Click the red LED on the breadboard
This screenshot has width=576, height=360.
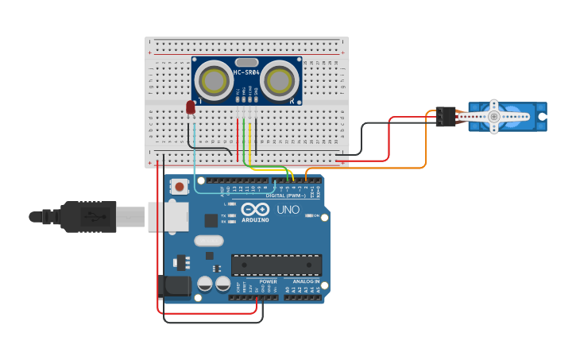pos(191,107)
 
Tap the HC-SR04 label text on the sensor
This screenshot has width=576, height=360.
pos(246,73)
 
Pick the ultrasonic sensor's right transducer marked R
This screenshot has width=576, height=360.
pos(280,80)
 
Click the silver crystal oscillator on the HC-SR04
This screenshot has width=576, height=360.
pos(246,62)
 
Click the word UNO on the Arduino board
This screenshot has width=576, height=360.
pos(288,211)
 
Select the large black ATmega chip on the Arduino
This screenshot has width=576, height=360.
pos(276,265)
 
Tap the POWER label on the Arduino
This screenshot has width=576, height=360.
pos(268,281)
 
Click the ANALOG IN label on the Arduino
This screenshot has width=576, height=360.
pos(306,281)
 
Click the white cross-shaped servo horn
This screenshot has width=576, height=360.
pos(493,116)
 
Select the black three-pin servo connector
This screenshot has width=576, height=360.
pos(446,117)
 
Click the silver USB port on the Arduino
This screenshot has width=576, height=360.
pos(167,216)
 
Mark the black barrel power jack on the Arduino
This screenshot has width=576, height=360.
pos(174,286)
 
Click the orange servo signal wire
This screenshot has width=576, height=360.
pos(425,151)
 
